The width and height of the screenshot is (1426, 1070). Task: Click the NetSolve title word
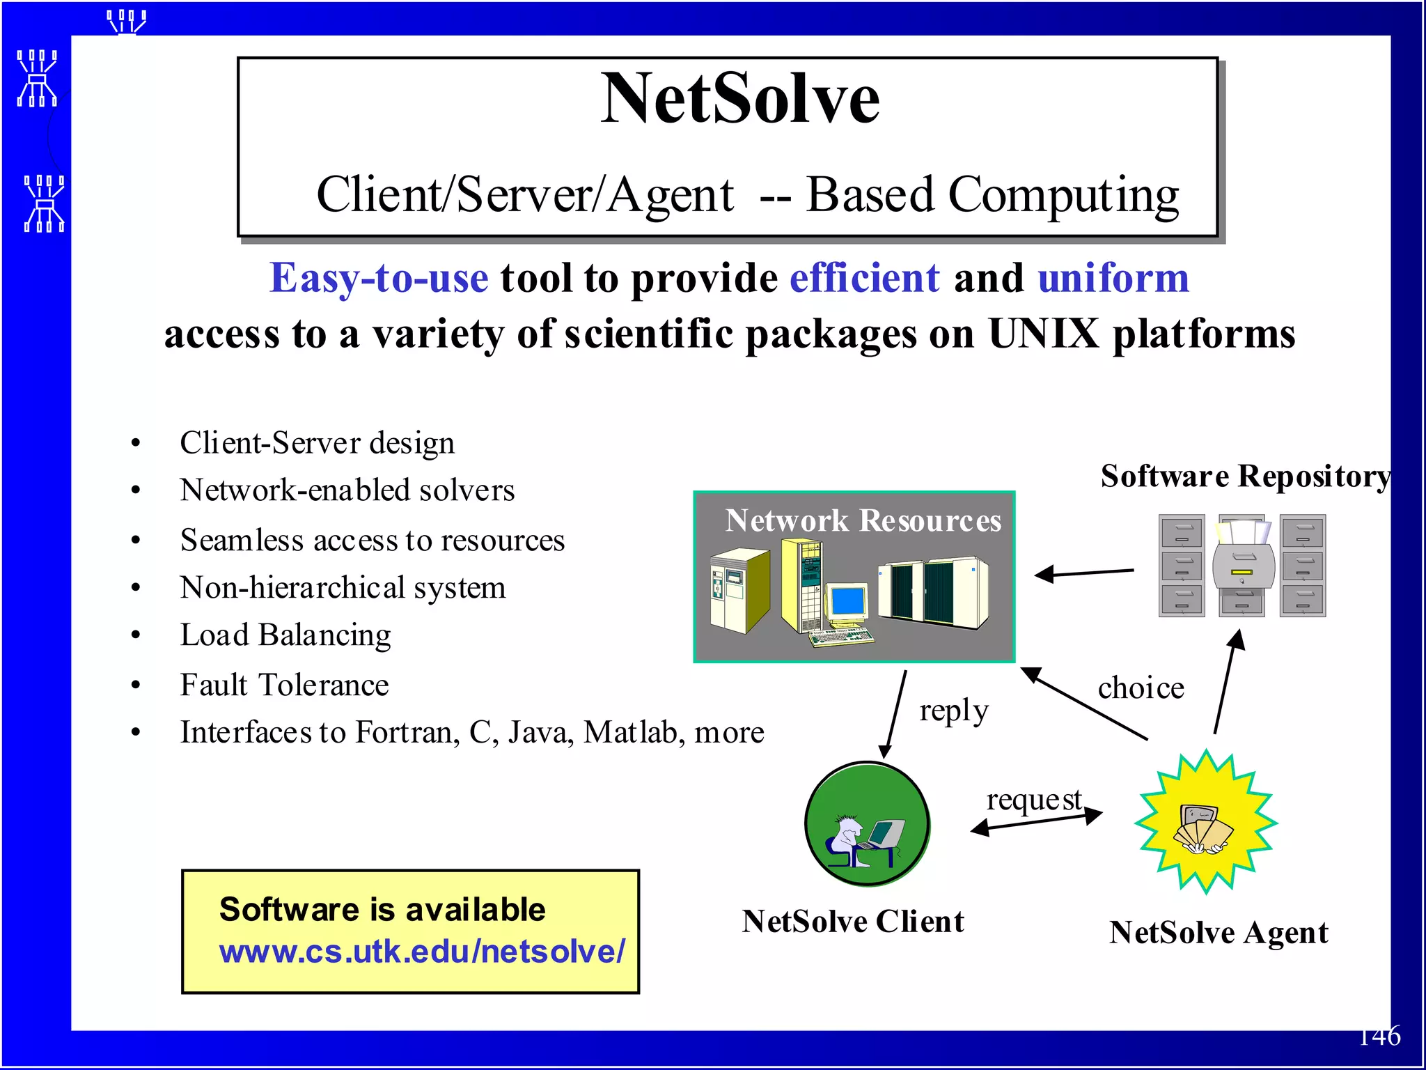coord(740,99)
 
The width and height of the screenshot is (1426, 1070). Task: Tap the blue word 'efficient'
coord(865,278)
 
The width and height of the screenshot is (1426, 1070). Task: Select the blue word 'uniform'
coord(1113,278)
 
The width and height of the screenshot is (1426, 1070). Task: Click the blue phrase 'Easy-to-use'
coord(379,278)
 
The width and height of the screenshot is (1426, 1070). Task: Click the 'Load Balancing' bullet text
coord(285,635)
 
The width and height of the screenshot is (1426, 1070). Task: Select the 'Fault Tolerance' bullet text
coord(284,685)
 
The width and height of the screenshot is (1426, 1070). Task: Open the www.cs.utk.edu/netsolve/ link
coord(422,952)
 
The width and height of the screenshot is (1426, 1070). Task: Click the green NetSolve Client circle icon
coord(867,824)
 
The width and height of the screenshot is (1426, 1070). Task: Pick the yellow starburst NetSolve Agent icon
coord(1205,823)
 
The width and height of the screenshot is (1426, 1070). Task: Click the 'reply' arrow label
coord(953,711)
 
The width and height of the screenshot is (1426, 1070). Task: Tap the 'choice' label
coord(1141,688)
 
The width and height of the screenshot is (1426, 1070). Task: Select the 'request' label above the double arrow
coord(1034,800)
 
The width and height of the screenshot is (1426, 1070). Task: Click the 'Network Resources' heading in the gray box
coord(863,521)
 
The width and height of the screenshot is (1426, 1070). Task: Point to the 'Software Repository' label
coord(1245,476)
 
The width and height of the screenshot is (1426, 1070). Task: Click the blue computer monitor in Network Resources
coord(848,600)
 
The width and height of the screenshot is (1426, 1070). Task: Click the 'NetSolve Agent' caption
coord(1219,933)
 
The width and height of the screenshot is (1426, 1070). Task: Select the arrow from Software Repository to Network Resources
coord(1084,573)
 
